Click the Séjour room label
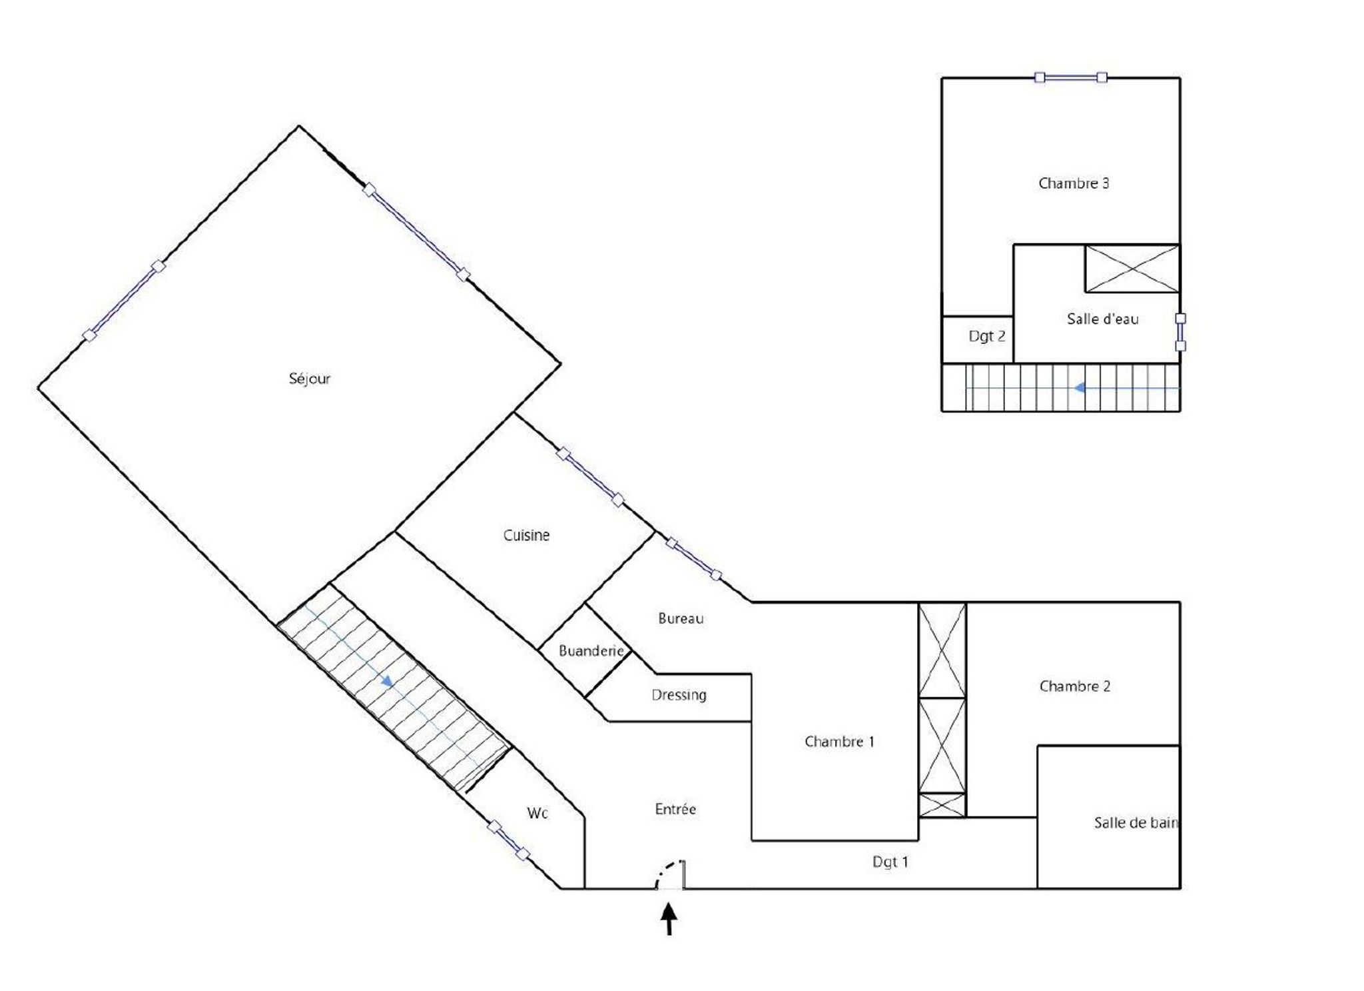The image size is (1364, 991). pos(309,379)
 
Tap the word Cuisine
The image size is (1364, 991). pos(526,535)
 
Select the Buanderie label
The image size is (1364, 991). pos(591,650)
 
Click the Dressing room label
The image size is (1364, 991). pos(679,695)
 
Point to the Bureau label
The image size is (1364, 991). pos(681,618)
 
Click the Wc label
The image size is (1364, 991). pos(537,813)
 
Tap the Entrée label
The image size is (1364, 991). pos(675,809)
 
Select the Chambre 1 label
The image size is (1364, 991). pos(839,741)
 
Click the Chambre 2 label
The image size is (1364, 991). pos(1074,686)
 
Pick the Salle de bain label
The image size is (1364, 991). pos(1136,822)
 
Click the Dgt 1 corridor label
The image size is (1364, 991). pos(890,862)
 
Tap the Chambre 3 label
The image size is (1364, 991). pos(1074,183)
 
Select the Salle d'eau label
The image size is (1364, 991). pos(1102,319)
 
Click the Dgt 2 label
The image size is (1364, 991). pos(986,337)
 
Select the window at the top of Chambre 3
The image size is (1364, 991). pos(1070,78)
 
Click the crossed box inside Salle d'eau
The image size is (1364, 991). pos(1132,269)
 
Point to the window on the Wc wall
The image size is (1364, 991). pos(508,840)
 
